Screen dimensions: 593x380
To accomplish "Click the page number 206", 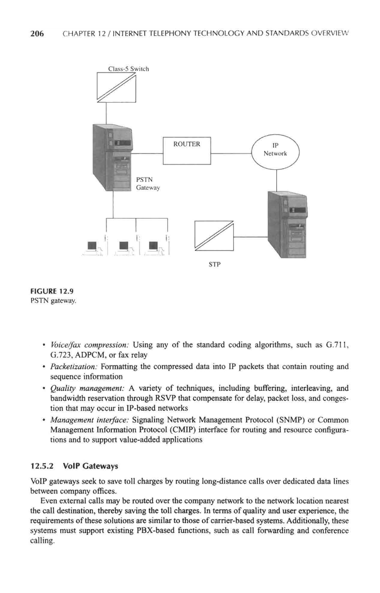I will click(37, 34).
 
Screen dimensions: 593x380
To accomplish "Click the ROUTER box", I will click(187, 150).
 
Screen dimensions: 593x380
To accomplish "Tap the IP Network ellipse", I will click(275, 151).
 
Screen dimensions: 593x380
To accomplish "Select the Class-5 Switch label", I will click(128, 69).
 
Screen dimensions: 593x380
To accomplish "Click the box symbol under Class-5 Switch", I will click(116, 88).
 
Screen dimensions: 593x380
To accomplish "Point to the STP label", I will click(214, 264).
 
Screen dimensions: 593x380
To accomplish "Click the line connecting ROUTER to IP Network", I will click(231, 154).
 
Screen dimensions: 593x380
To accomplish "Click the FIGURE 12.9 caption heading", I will click(52, 291).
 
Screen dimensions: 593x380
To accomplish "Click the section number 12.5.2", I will click(42, 466).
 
